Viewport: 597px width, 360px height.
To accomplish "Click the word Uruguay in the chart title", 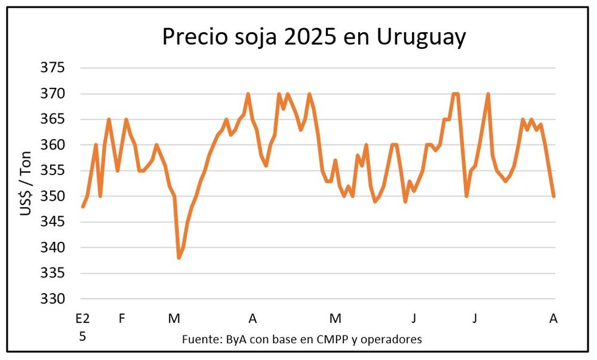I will tap(421, 37).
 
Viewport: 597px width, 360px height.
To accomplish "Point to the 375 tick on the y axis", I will tap(52, 68).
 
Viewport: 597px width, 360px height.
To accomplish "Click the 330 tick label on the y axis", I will tap(52, 299).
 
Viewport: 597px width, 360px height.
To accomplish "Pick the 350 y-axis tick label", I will tap(52, 196).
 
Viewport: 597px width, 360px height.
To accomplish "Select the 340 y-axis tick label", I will tap(52, 248).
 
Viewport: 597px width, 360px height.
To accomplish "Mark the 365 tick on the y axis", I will tap(52, 119).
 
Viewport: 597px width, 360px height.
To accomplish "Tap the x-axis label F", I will tap(122, 319).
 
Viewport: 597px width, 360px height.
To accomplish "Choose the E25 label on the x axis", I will tap(82, 327).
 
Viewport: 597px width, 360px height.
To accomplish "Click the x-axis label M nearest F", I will tap(174, 319).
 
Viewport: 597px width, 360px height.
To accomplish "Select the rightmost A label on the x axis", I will tap(553, 319).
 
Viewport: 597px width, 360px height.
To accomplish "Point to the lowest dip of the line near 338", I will tap(179, 257).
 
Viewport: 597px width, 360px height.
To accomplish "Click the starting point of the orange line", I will tap(82, 207).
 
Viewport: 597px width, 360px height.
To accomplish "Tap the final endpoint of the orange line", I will tap(554, 196).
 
